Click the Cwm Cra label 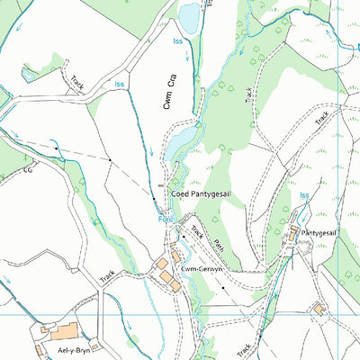click(x=168, y=90)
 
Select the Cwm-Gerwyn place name click(x=202, y=268)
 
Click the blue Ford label click(x=165, y=218)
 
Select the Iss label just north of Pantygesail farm click(x=304, y=194)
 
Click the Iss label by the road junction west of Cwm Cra click(x=120, y=84)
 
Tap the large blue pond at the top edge click(x=189, y=15)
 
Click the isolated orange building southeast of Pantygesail click(x=319, y=309)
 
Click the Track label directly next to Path click(x=198, y=236)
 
